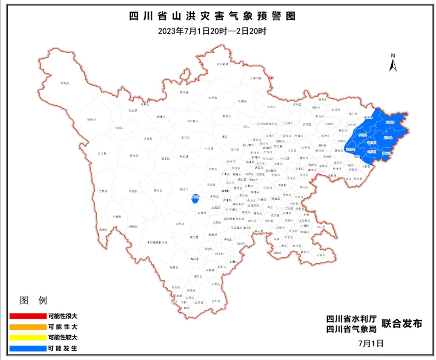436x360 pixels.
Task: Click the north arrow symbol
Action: click(393, 63)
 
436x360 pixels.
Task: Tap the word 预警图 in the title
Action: click(278, 17)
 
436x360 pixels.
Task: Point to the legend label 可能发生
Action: click(63, 348)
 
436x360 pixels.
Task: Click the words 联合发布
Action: click(402, 324)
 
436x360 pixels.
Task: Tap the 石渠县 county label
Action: click(65, 84)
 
